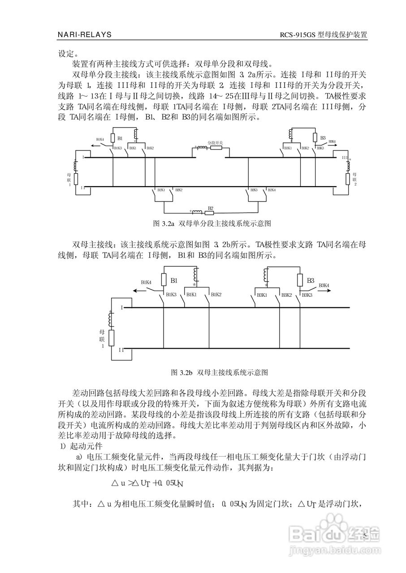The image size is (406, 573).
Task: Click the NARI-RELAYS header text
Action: tap(85, 34)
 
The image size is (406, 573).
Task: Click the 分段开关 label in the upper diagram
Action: tap(215, 142)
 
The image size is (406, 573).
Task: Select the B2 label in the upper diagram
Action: tap(210, 208)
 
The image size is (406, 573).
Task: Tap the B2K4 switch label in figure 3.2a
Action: tap(272, 190)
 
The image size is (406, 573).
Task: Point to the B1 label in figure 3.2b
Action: tap(175, 280)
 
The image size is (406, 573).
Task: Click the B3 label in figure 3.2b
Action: tap(311, 280)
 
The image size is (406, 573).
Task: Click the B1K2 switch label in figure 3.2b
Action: tap(216, 295)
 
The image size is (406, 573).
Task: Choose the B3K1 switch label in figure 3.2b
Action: tap(263, 295)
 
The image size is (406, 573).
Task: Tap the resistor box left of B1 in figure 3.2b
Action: tap(164, 281)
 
